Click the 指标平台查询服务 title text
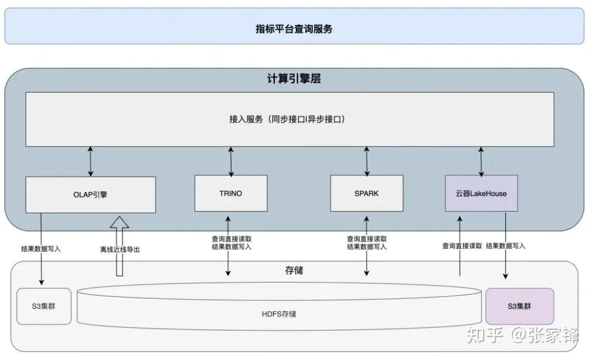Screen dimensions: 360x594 (x=294, y=29)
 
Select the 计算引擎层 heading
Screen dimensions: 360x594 (x=294, y=79)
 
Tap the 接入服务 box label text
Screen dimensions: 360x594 (x=287, y=119)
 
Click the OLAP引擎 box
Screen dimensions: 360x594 (x=91, y=195)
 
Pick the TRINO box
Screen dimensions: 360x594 (x=230, y=193)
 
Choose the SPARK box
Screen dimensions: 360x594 (x=366, y=193)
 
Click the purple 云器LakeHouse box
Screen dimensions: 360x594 (x=481, y=193)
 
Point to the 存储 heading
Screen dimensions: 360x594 (x=294, y=271)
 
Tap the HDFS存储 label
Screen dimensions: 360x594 (x=279, y=314)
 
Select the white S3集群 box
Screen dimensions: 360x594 (x=44, y=306)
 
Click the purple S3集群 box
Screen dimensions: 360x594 (x=520, y=306)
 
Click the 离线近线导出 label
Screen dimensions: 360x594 (x=120, y=249)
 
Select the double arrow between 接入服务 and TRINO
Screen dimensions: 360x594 (x=231, y=161)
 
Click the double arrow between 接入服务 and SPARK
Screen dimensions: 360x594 (x=367, y=161)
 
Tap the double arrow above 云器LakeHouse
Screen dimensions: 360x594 (x=481, y=161)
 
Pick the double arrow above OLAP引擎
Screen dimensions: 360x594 (x=91, y=162)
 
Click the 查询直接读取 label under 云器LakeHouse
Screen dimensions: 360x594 (x=462, y=245)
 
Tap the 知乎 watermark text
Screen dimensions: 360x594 (x=488, y=335)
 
